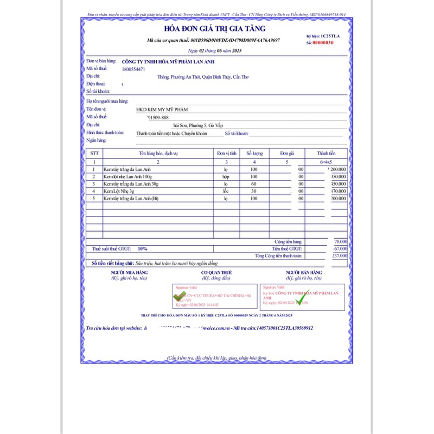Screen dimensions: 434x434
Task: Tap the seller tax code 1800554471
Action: click(x=133, y=69)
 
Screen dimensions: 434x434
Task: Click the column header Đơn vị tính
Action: click(x=226, y=154)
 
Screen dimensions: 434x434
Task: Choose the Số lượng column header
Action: click(x=254, y=154)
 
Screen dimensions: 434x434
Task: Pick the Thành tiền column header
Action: click(x=327, y=154)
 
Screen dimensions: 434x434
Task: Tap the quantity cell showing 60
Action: click(x=254, y=184)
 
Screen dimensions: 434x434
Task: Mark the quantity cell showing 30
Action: click(x=254, y=191)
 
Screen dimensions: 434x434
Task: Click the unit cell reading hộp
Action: click(x=226, y=177)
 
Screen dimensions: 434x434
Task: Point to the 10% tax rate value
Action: click(x=142, y=248)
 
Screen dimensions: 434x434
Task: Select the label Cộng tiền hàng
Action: click(x=289, y=241)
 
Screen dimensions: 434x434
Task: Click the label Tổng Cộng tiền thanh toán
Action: click(x=278, y=256)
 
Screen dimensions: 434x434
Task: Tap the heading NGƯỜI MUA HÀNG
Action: click(x=129, y=272)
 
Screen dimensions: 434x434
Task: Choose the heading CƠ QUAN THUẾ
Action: click(x=216, y=272)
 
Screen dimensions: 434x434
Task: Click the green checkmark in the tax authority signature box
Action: click(x=178, y=296)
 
